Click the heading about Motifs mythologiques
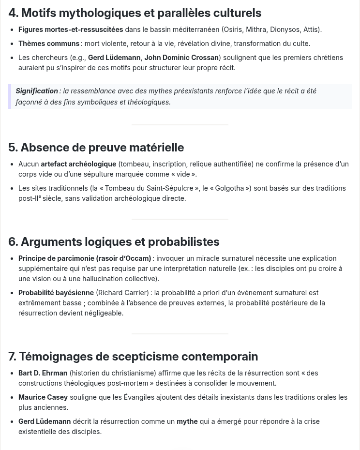[x=135, y=13]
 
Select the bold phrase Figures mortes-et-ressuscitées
[x=71, y=30]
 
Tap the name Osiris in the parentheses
[x=233, y=30]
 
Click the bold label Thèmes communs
[x=49, y=44]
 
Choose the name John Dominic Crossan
[x=181, y=58]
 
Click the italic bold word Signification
[x=37, y=91]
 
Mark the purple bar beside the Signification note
[x=10, y=96]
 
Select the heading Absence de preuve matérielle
[x=96, y=148]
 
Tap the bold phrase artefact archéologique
[x=78, y=164]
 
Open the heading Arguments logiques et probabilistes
[x=114, y=242]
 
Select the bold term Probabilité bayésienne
[x=56, y=293]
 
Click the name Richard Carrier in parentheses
[x=122, y=293]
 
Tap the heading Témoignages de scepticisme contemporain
[x=133, y=357]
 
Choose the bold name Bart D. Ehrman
[x=43, y=373]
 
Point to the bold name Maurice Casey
[x=43, y=397]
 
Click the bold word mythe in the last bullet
[x=187, y=421]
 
